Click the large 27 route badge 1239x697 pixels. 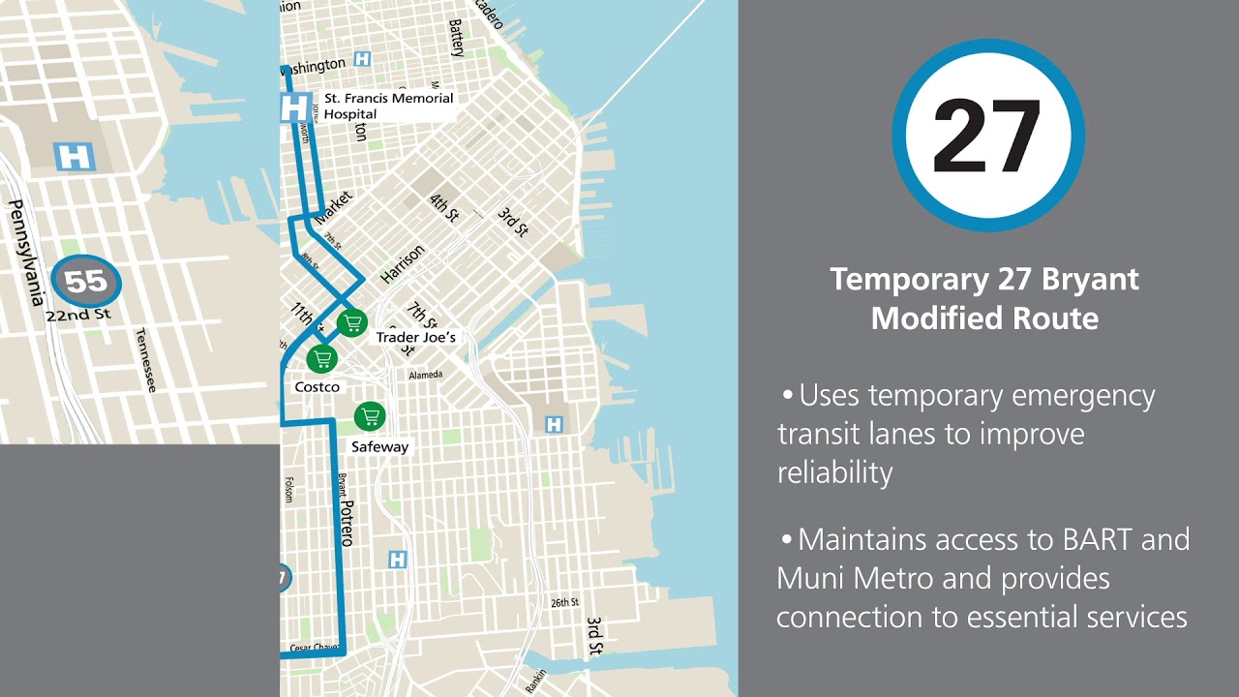click(987, 136)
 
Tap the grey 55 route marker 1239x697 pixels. click(86, 283)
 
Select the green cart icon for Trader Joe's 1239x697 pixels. click(352, 322)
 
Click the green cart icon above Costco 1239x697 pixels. click(322, 359)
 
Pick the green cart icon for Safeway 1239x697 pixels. click(369, 417)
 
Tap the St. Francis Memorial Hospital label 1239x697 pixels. click(388, 106)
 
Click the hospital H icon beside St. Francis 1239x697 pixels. click(294, 106)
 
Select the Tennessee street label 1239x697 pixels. click(144, 358)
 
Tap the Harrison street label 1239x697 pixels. click(402, 264)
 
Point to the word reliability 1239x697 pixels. click(833, 472)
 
